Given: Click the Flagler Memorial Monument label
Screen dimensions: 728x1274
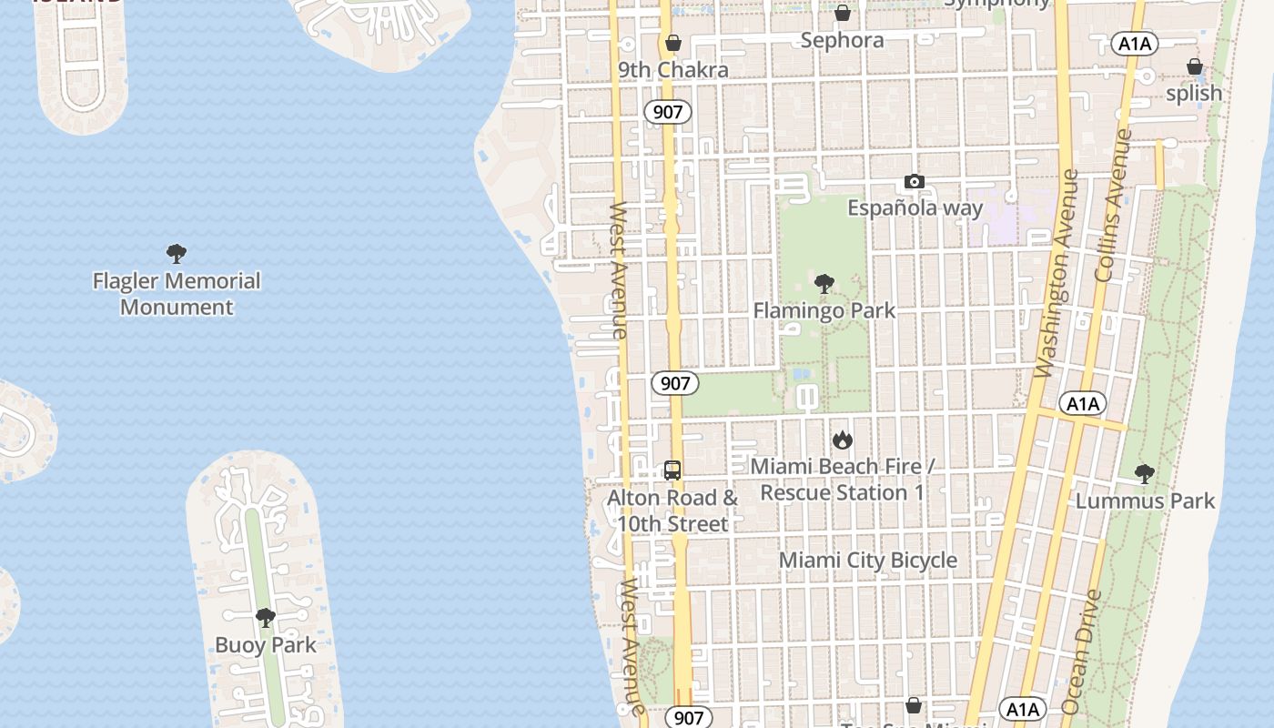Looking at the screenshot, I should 177,294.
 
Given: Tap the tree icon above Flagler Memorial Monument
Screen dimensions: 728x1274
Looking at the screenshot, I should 177,254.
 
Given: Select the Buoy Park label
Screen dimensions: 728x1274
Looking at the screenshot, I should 266,645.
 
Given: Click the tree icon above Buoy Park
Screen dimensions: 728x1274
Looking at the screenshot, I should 266,618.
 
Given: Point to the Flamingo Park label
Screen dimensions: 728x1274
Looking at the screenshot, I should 824,310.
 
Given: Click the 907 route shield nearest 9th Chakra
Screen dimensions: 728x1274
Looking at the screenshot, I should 668,112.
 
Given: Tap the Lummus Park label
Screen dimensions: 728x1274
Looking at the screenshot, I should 1145,500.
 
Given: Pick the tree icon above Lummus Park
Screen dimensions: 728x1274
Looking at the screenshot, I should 1145,473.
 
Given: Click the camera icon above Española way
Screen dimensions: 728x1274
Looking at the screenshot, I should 915,182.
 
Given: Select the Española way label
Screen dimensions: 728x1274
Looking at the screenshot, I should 915,208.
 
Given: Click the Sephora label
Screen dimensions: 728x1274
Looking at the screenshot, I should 842,40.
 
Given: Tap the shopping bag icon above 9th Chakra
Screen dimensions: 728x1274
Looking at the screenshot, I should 673,43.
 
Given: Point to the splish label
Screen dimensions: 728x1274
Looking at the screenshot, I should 1194,93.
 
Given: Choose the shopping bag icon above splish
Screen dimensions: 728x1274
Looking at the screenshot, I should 1195,66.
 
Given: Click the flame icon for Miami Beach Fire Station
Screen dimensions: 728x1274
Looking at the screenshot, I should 843,440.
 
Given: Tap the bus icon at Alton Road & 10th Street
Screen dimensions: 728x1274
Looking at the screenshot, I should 672,470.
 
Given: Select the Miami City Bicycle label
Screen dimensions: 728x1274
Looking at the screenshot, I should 868,561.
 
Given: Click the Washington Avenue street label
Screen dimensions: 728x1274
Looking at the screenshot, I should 1057,273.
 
